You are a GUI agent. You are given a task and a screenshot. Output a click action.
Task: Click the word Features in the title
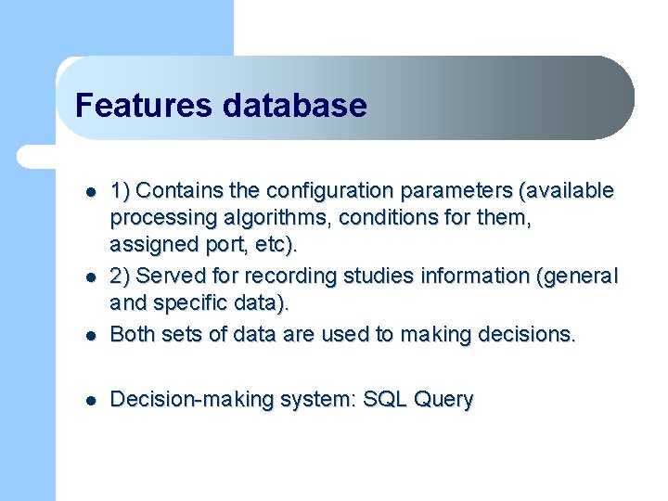click(x=143, y=105)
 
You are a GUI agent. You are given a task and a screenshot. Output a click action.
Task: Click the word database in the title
click(x=294, y=105)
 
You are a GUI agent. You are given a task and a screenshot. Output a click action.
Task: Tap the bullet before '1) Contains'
click(x=91, y=193)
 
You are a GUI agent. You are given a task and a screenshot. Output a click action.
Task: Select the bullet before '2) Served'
click(x=91, y=278)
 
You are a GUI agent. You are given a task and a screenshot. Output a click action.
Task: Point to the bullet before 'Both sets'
click(x=91, y=337)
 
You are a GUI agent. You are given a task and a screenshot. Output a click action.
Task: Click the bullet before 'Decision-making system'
click(x=91, y=401)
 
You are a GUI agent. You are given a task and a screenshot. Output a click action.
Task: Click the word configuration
click(x=329, y=191)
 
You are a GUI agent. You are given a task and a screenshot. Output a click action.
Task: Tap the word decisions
click(x=527, y=335)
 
